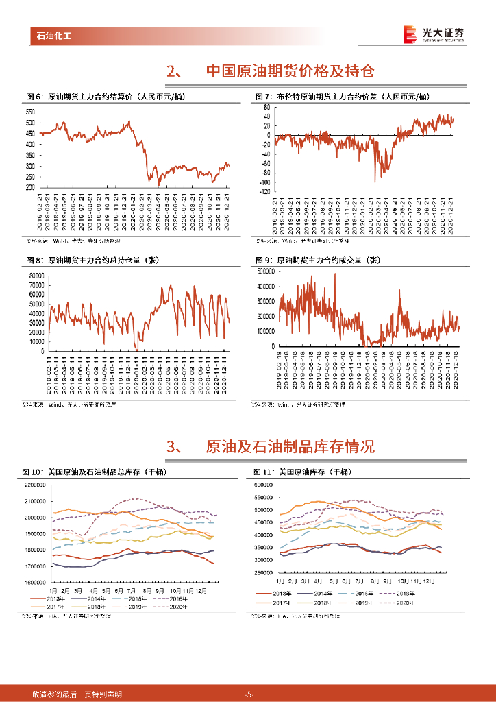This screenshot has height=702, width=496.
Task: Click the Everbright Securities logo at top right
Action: [433, 34]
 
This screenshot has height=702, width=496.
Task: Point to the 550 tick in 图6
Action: [30, 112]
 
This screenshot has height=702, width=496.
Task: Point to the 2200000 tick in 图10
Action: [34, 485]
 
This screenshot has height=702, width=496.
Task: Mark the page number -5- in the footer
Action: [249, 694]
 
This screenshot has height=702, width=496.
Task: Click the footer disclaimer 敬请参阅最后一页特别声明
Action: [67, 694]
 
